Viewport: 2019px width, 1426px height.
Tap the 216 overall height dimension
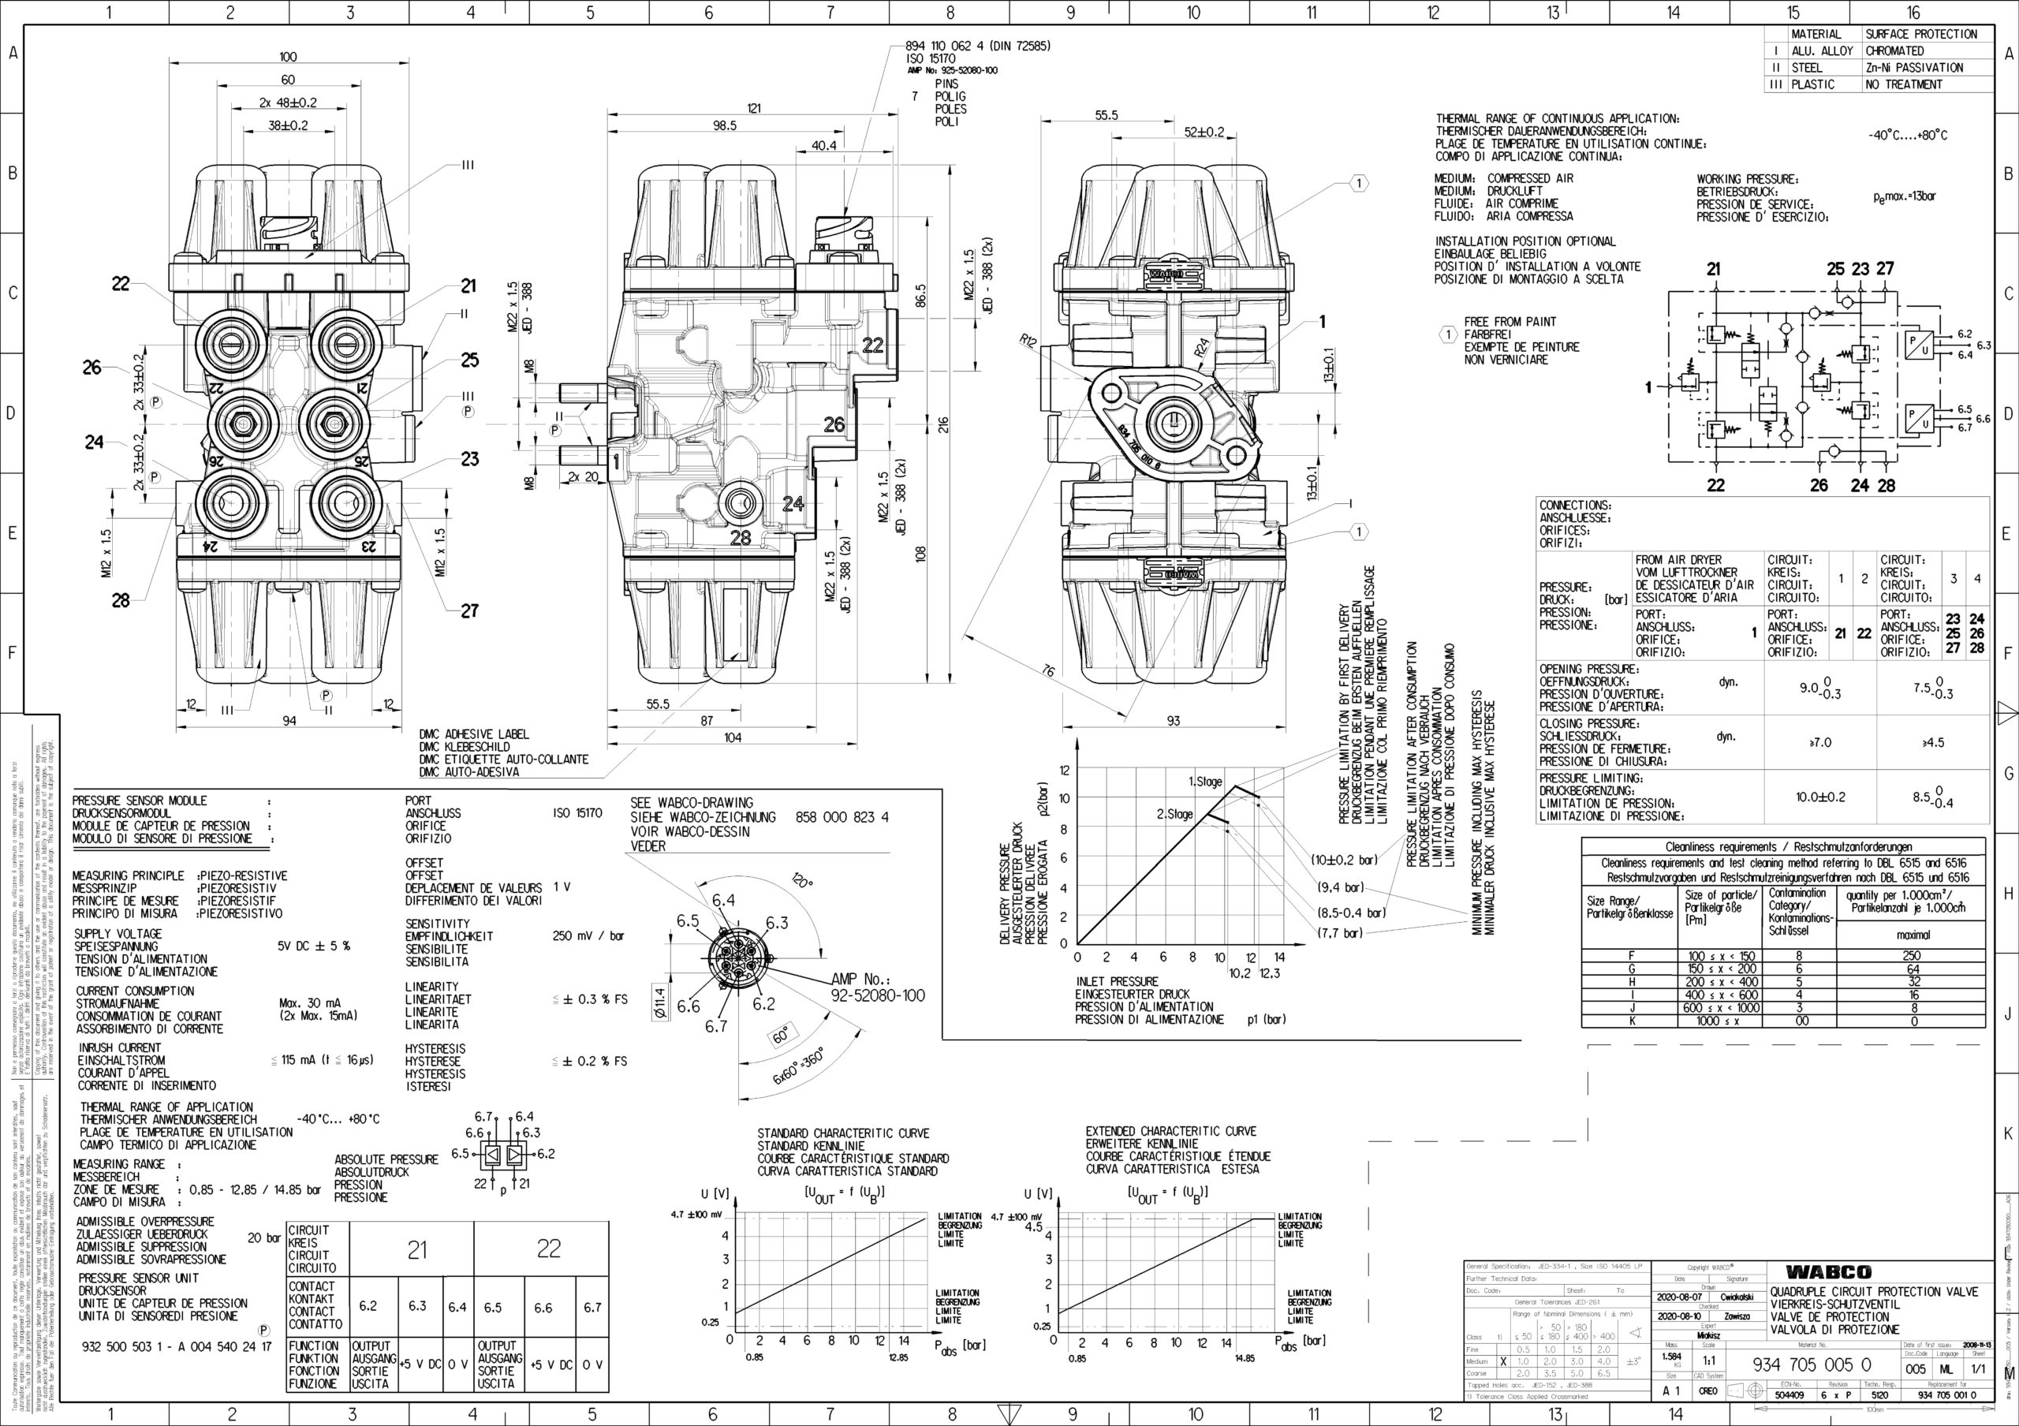coord(943,424)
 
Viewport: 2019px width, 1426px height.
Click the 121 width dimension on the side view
coord(754,108)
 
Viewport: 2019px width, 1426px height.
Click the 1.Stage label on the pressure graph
coord(1206,782)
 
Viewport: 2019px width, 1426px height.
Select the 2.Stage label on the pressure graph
coord(1175,814)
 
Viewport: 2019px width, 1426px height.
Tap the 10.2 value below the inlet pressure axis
coord(1240,973)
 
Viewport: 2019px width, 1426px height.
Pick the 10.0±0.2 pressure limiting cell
coord(1820,797)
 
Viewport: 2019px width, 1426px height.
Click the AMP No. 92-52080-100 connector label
coord(878,987)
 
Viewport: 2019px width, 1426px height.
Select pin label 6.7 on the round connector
coord(717,1026)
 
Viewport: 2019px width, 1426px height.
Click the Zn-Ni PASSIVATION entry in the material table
coord(1913,68)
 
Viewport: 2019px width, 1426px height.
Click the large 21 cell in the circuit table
coord(417,1249)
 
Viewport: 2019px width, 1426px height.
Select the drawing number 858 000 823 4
coord(842,818)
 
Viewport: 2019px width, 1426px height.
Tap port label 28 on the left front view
coord(121,600)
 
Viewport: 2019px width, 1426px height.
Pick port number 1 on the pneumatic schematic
coord(1650,386)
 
